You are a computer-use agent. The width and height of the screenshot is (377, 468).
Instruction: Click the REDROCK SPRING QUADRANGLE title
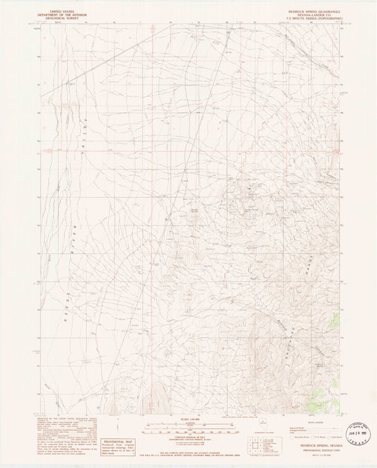point(311,12)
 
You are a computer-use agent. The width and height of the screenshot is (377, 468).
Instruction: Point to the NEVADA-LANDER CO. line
point(311,16)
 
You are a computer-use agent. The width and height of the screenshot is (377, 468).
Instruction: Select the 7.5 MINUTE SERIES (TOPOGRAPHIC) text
point(311,21)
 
